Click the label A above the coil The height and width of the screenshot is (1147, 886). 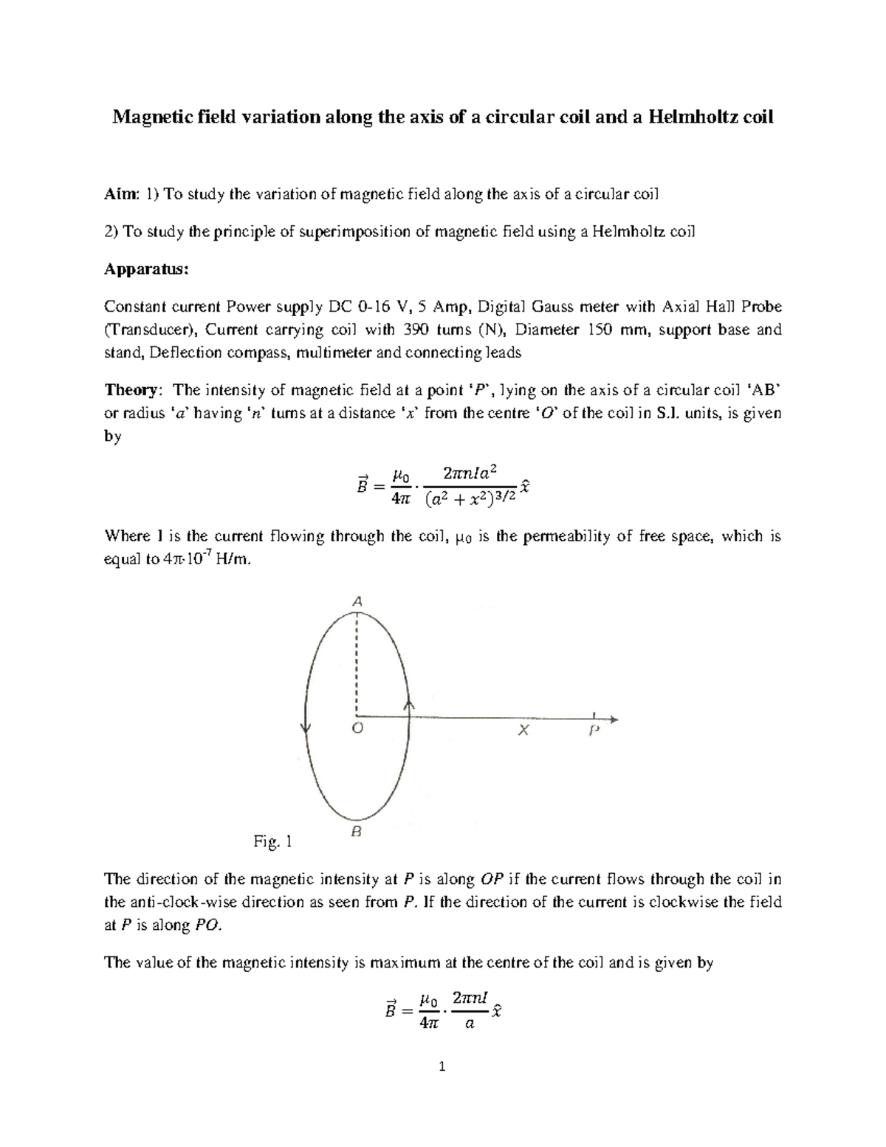(357, 601)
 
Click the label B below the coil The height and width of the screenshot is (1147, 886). (356, 832)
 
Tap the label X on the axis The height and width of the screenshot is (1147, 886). (523, 730)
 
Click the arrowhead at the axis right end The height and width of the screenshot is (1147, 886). (614, 719)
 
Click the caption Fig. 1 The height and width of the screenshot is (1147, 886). (273, 841)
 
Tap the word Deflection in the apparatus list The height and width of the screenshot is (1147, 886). (181, 352)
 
